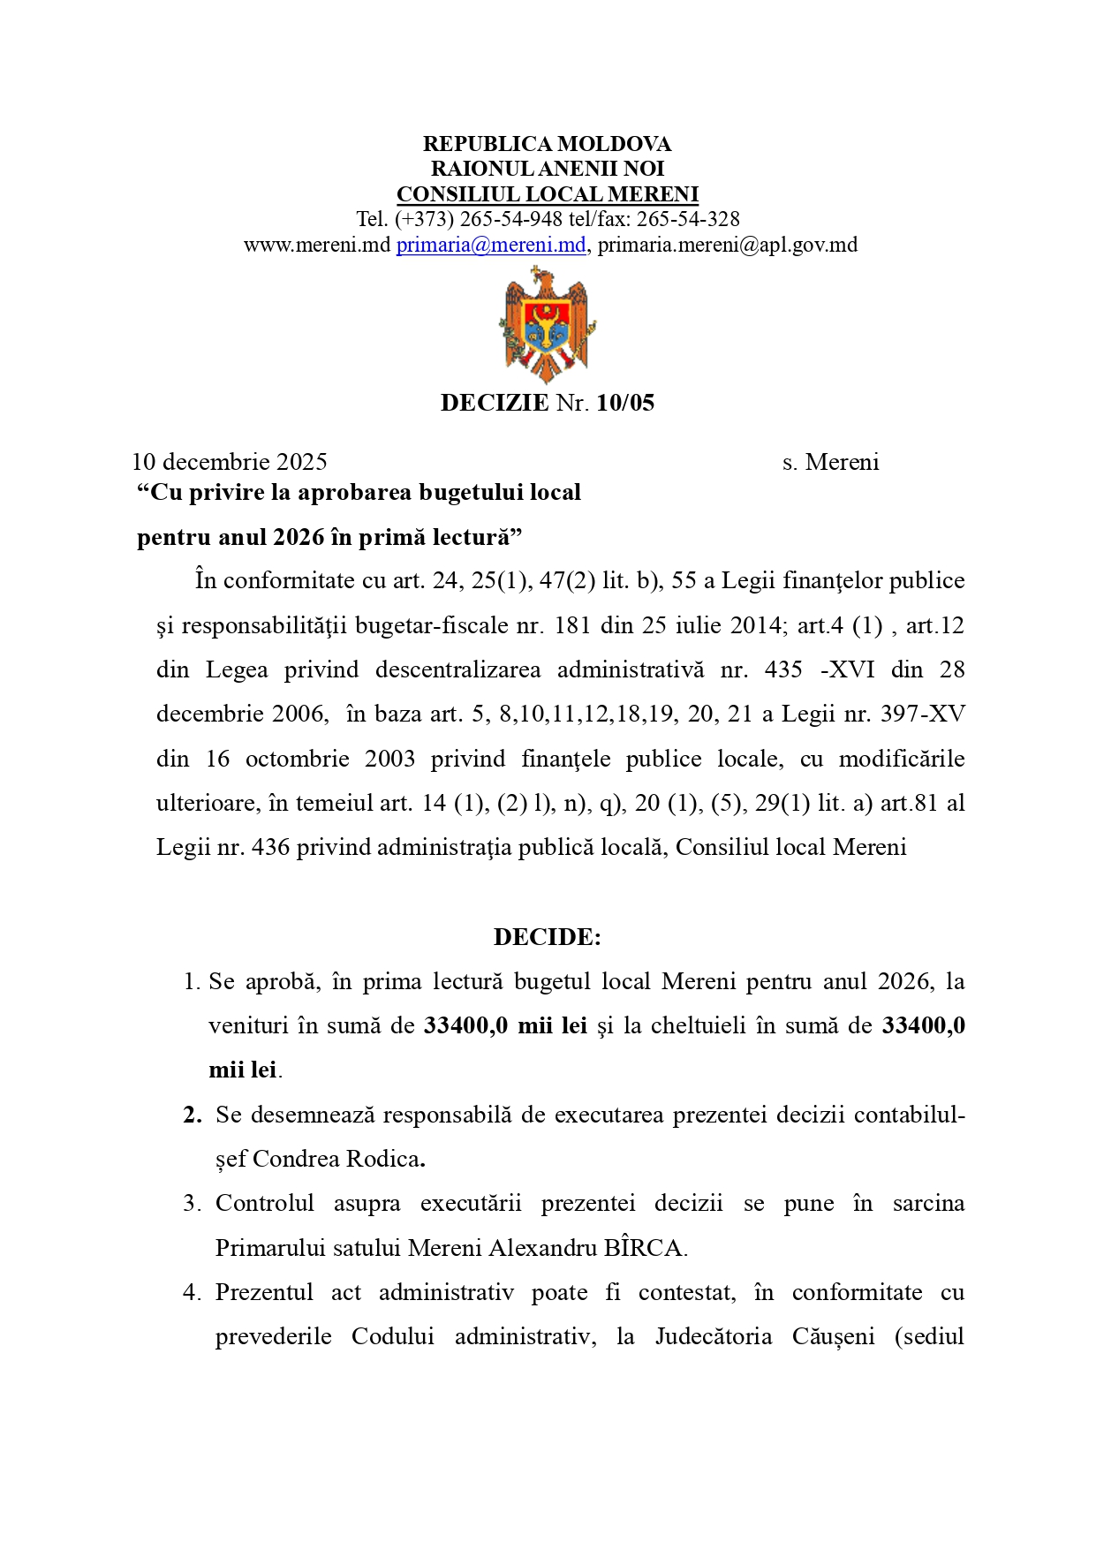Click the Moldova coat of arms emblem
(x=547, y=324)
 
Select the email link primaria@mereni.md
(x=490, y=245)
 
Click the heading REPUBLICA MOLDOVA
(x=547, y=144)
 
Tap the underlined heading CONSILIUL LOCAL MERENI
(x=547, y=194)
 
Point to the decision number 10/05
(x=625, y=403)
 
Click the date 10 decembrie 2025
(x=230, y=462)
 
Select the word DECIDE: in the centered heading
(x=547, y=937)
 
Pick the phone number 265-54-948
(x=511, y=219)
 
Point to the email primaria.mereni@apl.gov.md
(x=728, y=245)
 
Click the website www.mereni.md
(x=317, y=245)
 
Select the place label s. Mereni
(x=830, y=462)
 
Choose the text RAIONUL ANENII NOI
(x=547, y=169)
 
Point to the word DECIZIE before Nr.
(x=495, y=403)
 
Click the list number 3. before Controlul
(x=192, y=1203)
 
